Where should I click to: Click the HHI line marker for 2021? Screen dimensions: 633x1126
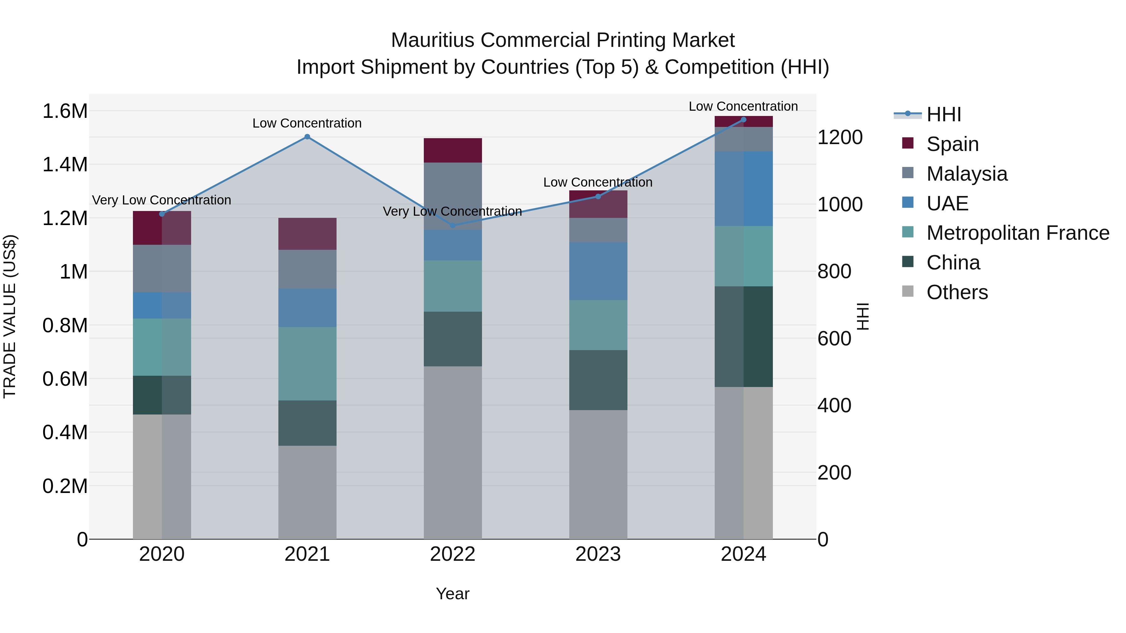tap(307, 137)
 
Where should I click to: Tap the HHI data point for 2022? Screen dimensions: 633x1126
tap(453, 225)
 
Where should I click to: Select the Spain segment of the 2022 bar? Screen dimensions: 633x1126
tap(453, 150)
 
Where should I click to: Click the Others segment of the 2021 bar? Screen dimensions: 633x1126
tap(307, 492)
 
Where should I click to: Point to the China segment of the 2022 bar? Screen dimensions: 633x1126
tap(453, 339)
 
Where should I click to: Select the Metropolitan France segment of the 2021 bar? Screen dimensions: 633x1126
tap(307, 364)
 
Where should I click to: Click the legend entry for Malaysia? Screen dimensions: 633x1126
tap(966, 173)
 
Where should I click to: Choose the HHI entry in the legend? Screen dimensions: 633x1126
tap(943, 114)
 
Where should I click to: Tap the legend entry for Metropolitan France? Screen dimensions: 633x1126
tap(1017, 233)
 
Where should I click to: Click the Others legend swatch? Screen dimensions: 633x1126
tap(908, 291)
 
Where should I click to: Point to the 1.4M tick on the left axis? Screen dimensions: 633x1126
tap(65, 165)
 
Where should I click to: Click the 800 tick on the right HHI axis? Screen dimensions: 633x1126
tap(834, 271)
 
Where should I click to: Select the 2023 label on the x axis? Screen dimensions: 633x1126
tap(598, 554)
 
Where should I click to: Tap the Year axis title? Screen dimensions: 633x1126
tap(452, 594)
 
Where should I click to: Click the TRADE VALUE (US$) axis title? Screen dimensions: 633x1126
tap(10, 316)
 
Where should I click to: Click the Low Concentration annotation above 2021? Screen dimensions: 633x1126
tap(307, 123)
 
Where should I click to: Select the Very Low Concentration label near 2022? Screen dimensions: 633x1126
tap(452, 211)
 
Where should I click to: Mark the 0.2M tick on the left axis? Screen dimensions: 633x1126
tap(65, 486)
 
